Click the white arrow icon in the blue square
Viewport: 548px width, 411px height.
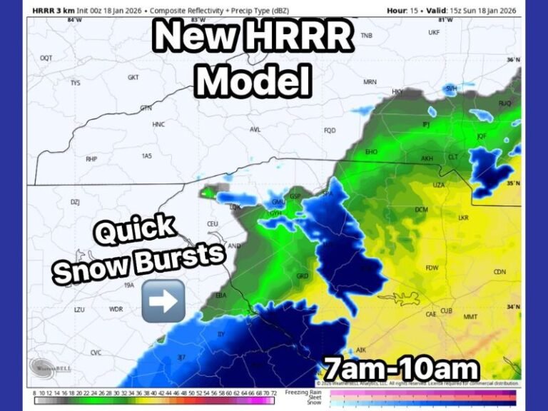[163, 300]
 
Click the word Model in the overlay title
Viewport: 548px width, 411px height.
[254, 81]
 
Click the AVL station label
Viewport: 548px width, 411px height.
[255, 129]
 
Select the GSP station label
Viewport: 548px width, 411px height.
[295, 196]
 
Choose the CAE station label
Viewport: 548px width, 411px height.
[431, 314]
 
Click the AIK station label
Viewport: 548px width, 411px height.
[361, 350]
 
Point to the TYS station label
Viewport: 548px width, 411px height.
[76, 83]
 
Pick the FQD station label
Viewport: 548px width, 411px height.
[330, 131]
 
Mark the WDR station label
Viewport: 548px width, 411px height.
[116, 310]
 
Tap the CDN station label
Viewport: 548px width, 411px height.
[499, 272]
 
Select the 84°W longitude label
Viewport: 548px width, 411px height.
[71, 21]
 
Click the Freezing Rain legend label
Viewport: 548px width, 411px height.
[300, 392]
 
